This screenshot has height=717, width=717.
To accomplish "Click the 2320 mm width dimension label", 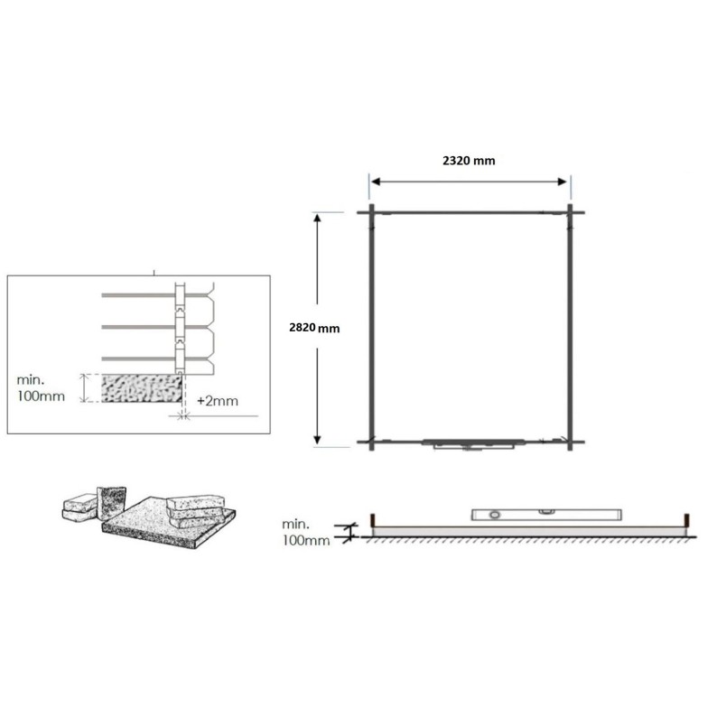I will [469, 161].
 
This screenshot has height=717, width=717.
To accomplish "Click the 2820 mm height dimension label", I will [314, 328].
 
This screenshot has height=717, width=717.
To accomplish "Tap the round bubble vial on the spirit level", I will [493, 514].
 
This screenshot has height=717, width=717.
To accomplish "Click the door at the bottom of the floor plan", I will [472, 443].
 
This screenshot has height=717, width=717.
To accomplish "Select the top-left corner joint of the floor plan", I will [371, 212].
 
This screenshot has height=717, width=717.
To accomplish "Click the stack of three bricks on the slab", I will [198, 508].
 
